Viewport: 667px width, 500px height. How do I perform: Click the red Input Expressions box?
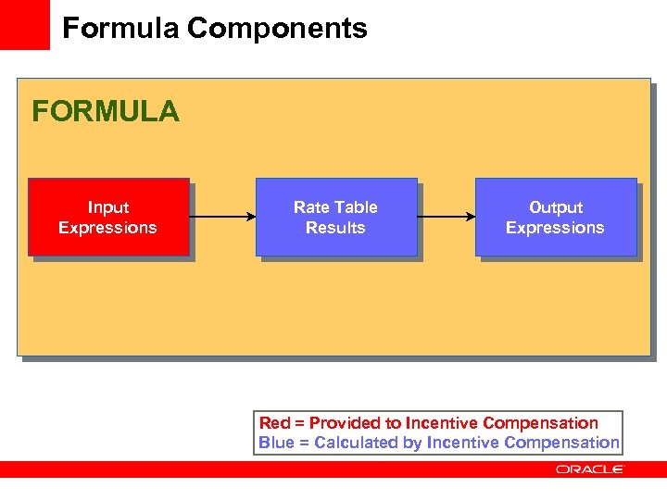click(x=108, y=218)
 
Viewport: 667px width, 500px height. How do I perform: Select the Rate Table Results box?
click(x=335, y=218)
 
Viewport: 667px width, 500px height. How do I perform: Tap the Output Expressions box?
click(x=556, y=218)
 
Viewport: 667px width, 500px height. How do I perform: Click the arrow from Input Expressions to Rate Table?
click(x=222, y=218)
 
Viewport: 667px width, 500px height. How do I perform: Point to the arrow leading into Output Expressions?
click(x=446, y=218)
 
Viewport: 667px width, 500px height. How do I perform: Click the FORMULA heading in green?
click(x=106, y=112)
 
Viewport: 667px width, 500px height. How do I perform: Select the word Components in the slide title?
click(x=277, y=29)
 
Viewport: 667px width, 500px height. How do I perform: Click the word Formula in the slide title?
click(x=120, y=29)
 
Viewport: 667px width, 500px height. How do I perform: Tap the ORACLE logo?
click(x=590, y=469)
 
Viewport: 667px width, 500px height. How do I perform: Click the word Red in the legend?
click(x=274, y=423)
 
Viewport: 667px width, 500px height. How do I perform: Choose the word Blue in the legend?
click(x=276, y=443)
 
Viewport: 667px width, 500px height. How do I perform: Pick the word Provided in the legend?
click(x=346, y=423)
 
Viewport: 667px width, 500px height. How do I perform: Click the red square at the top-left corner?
click(x=24, y=24)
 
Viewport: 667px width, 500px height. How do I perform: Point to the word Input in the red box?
click(x=108, y=207)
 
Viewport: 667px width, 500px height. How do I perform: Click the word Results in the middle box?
click(x=335, y=228)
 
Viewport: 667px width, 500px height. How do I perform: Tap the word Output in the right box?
click(x=556, y=207)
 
